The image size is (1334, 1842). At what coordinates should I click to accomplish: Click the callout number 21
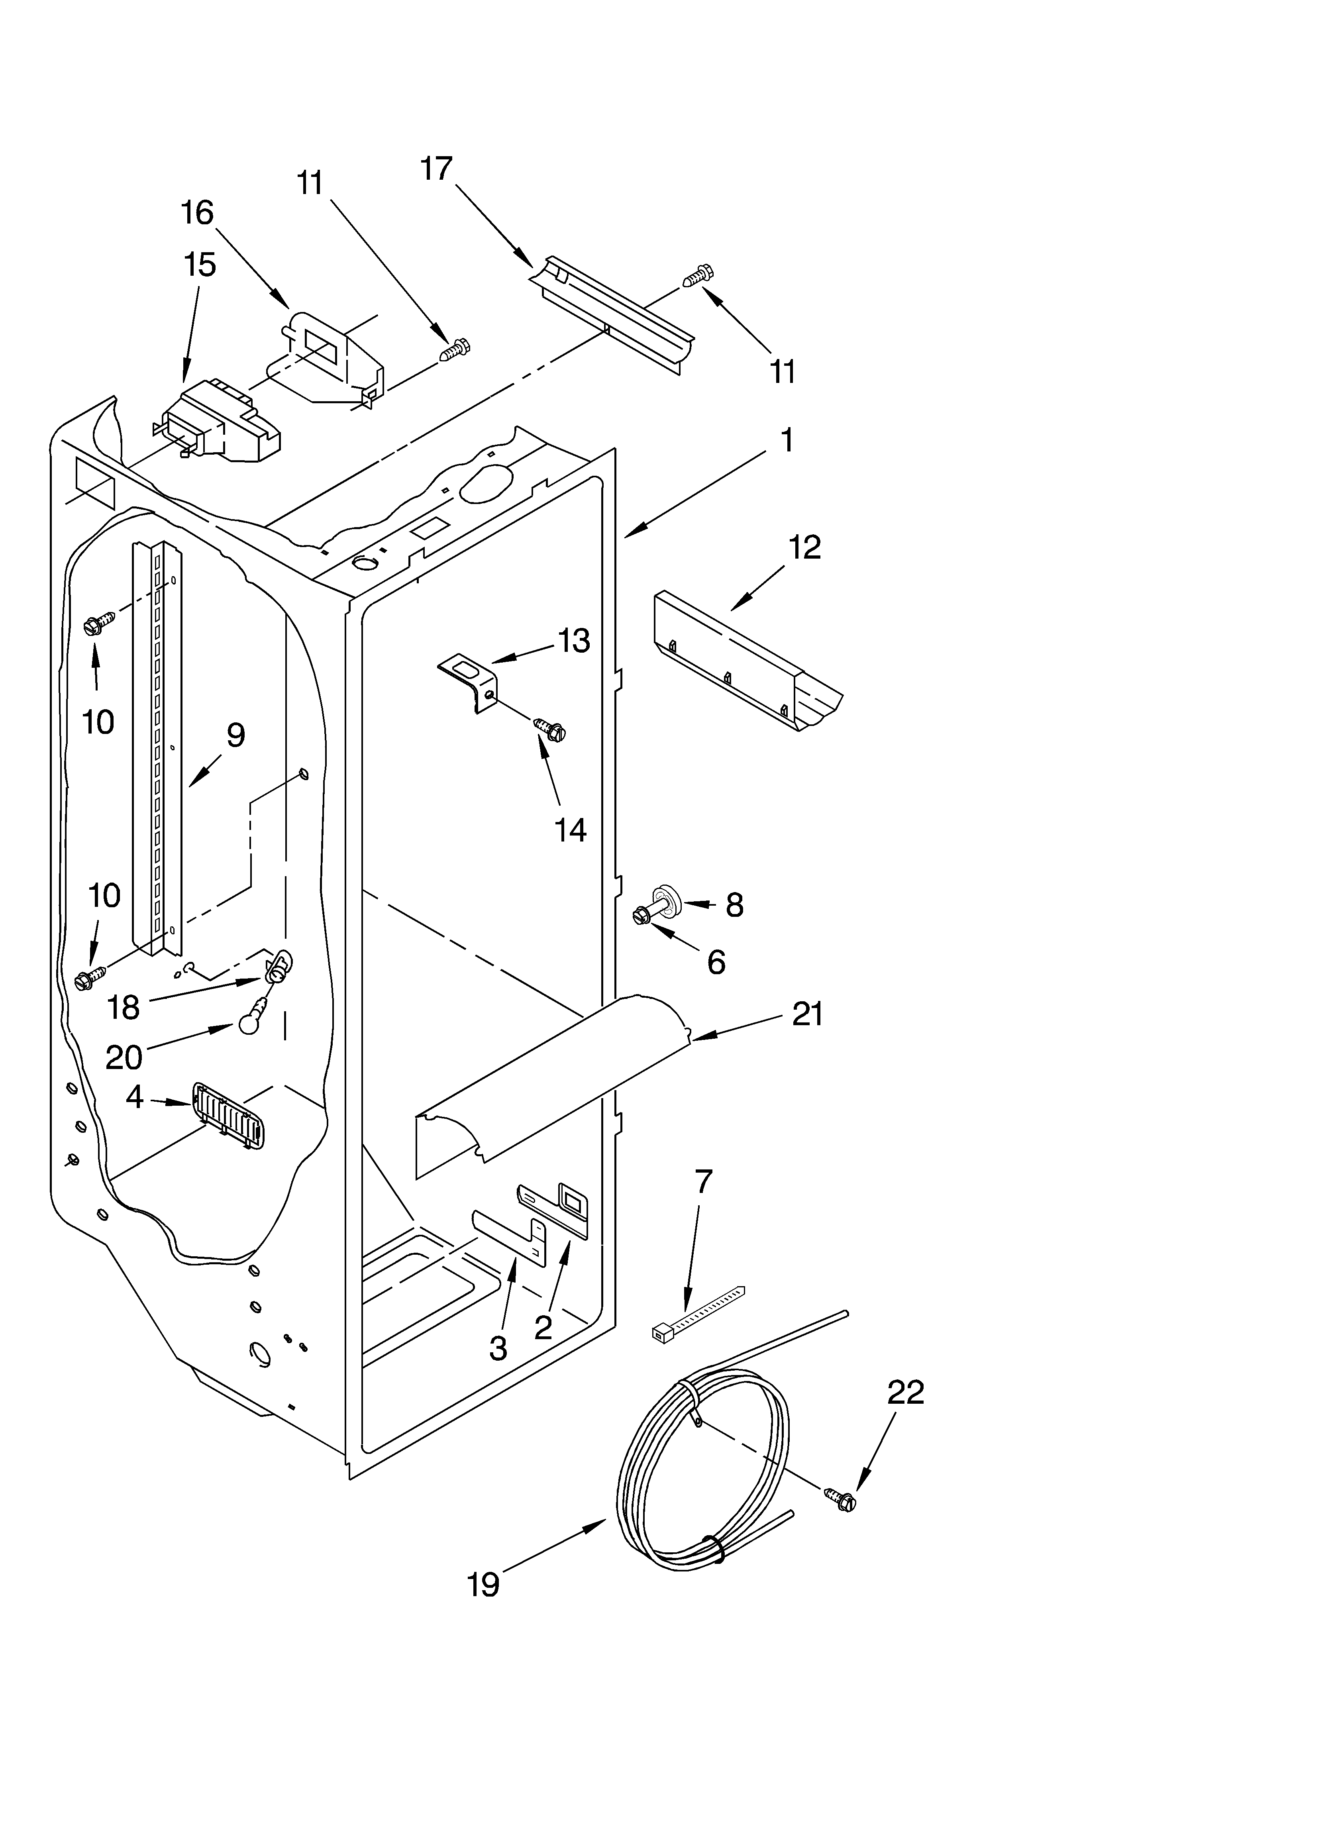tap(808, 1014)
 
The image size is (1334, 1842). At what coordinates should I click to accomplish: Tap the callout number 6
tap(716, 962)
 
